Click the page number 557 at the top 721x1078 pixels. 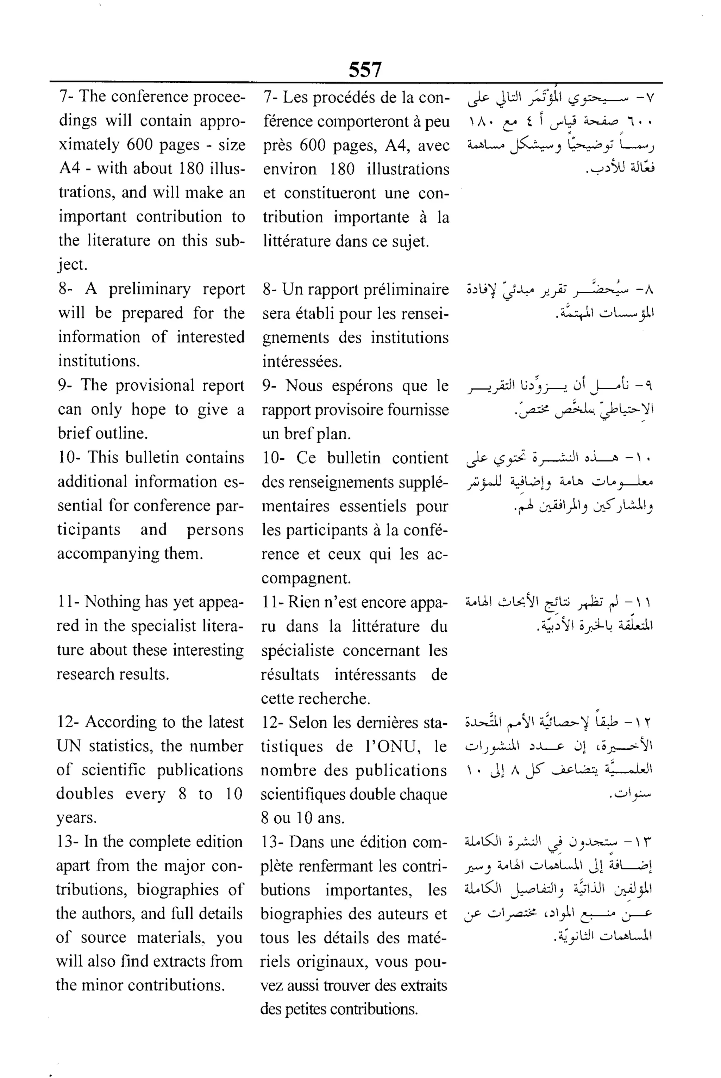click(x=365, y=70)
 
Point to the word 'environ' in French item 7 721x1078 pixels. click(x=290, y=169)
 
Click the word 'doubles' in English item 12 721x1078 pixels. click(x=84, y=794)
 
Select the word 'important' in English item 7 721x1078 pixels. click(x=92, y=217)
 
